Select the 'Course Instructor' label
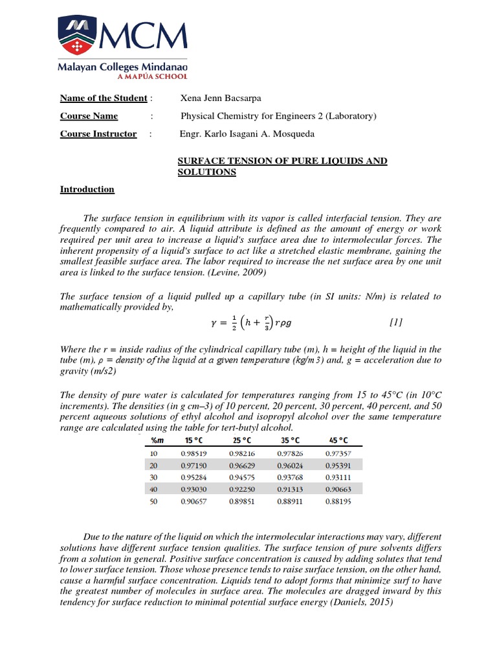[98, 134]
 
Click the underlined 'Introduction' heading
[87, 190]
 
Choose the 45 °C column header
[339, 441]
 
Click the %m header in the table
[157, 441]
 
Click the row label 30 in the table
[154, 477]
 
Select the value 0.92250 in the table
[242, 489]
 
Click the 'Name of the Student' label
[104, 98]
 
